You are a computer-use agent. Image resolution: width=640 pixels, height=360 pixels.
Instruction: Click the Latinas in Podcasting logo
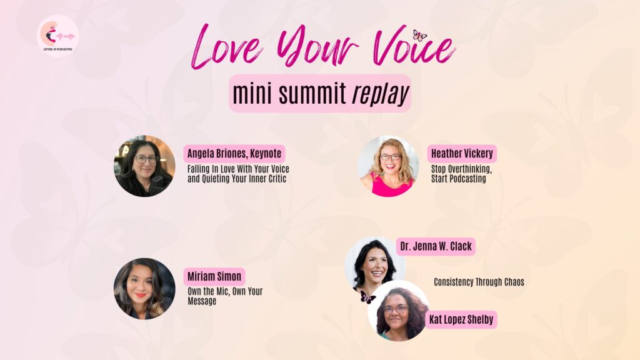pos(57,36)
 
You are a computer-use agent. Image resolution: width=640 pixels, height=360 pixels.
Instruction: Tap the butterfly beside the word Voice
pos(419,36)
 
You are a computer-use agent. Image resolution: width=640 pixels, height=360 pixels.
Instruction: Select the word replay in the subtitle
pos(380,94)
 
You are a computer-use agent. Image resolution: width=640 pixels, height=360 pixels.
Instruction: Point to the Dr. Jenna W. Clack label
pos(436,246)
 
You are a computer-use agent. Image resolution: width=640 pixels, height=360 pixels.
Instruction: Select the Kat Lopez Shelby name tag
pos(462,319)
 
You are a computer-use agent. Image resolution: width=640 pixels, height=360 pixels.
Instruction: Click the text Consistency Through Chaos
pos(479,282)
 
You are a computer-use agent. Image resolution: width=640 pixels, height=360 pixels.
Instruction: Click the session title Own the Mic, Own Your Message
pos(225,296)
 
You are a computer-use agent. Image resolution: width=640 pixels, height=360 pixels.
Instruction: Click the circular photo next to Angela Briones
pos(144,166)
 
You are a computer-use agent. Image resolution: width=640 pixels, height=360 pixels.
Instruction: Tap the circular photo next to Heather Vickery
pos(387,166)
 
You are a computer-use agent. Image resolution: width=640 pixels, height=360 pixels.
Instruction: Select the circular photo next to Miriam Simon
pos(144,289)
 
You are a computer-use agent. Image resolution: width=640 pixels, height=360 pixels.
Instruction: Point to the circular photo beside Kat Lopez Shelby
pos(398,311)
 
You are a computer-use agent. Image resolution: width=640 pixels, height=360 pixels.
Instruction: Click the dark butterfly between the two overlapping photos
pos(367,297)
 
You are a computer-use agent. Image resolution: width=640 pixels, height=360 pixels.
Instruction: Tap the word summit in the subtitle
pos(316,94)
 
